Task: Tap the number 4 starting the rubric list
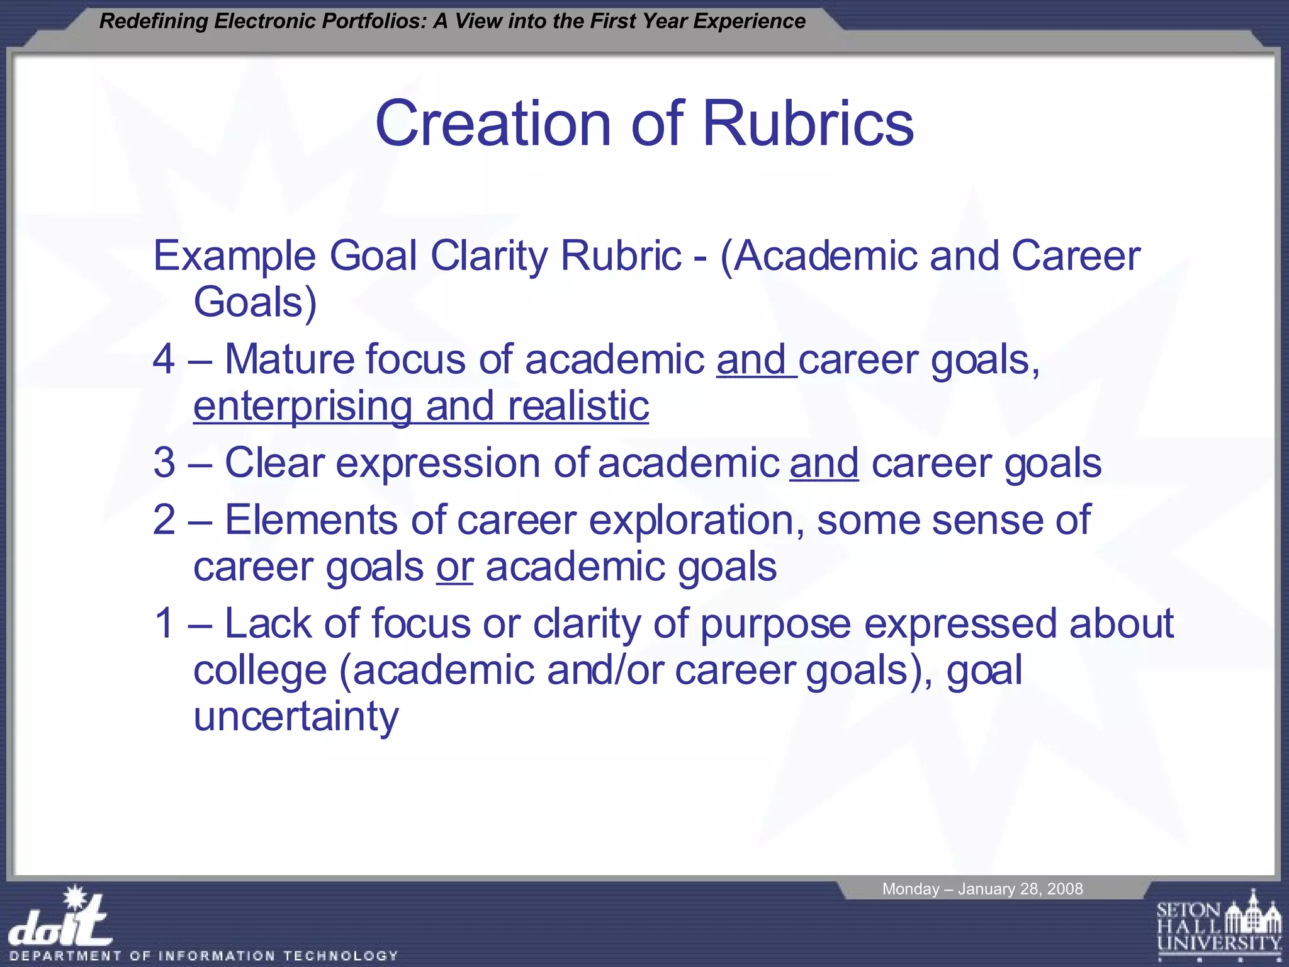click(164, 359)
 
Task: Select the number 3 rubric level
click(164, 463)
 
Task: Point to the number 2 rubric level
click(164, 520)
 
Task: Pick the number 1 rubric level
click(164, 624)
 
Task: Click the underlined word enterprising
click(302, 407)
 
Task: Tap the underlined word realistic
click(578, 406)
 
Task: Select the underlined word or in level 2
click(454, 567)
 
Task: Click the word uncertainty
click(296, 716)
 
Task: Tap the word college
click(260, 671)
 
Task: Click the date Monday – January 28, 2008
click(982, 889)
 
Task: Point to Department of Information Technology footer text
click(204, 956)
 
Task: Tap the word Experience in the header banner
click(749, 21)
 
